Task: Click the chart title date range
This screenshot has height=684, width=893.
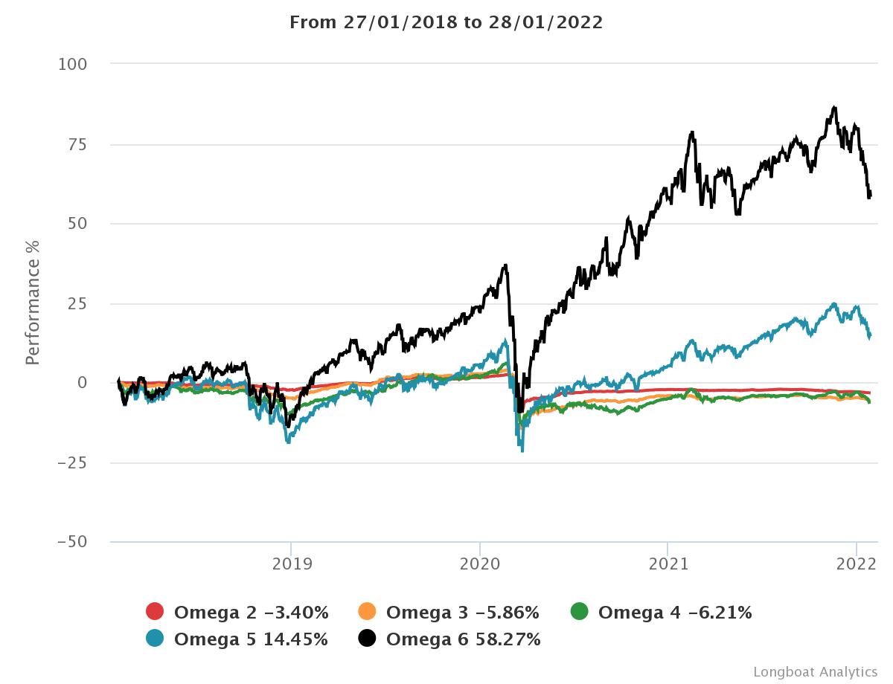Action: click(x=446, y=22)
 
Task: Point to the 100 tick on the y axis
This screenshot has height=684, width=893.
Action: click(x=73, y=65)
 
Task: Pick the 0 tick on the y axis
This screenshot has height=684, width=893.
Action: click(x=83, y=383)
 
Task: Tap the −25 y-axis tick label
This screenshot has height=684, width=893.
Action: click(x=72, y=462)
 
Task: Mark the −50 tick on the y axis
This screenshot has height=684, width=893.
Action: click(x=72, y=542)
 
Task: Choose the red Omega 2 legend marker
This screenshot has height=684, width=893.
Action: click(x=155, y=612)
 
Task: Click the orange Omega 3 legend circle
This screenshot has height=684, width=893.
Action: click(x=367, y=612)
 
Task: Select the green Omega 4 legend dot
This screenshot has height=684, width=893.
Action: click(x=579, y=612)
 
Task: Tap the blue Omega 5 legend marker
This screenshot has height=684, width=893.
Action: click(x=155, y=638)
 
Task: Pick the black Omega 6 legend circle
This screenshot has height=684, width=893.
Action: click(x=367, y=638)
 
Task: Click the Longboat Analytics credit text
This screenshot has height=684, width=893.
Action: click(x=815, y=671)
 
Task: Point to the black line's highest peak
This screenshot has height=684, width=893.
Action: click(x=834, y=107)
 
